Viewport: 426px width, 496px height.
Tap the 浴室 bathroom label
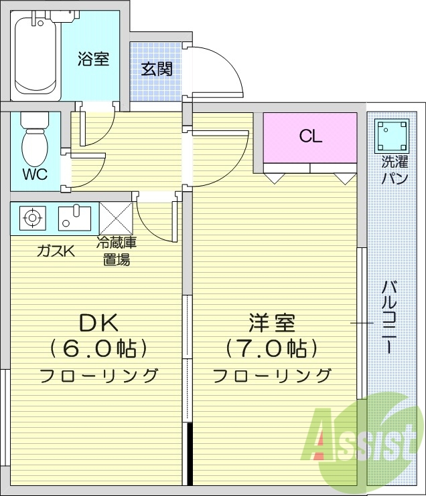pos(93,59)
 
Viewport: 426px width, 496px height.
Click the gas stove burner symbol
pos(31,217)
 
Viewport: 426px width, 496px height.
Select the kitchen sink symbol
pos(74,217)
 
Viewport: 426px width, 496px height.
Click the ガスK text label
pos(56,251)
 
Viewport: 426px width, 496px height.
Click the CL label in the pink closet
pos(310,137)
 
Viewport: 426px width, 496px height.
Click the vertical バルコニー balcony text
pos(387,318)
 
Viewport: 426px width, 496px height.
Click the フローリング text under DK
pos(99,375)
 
